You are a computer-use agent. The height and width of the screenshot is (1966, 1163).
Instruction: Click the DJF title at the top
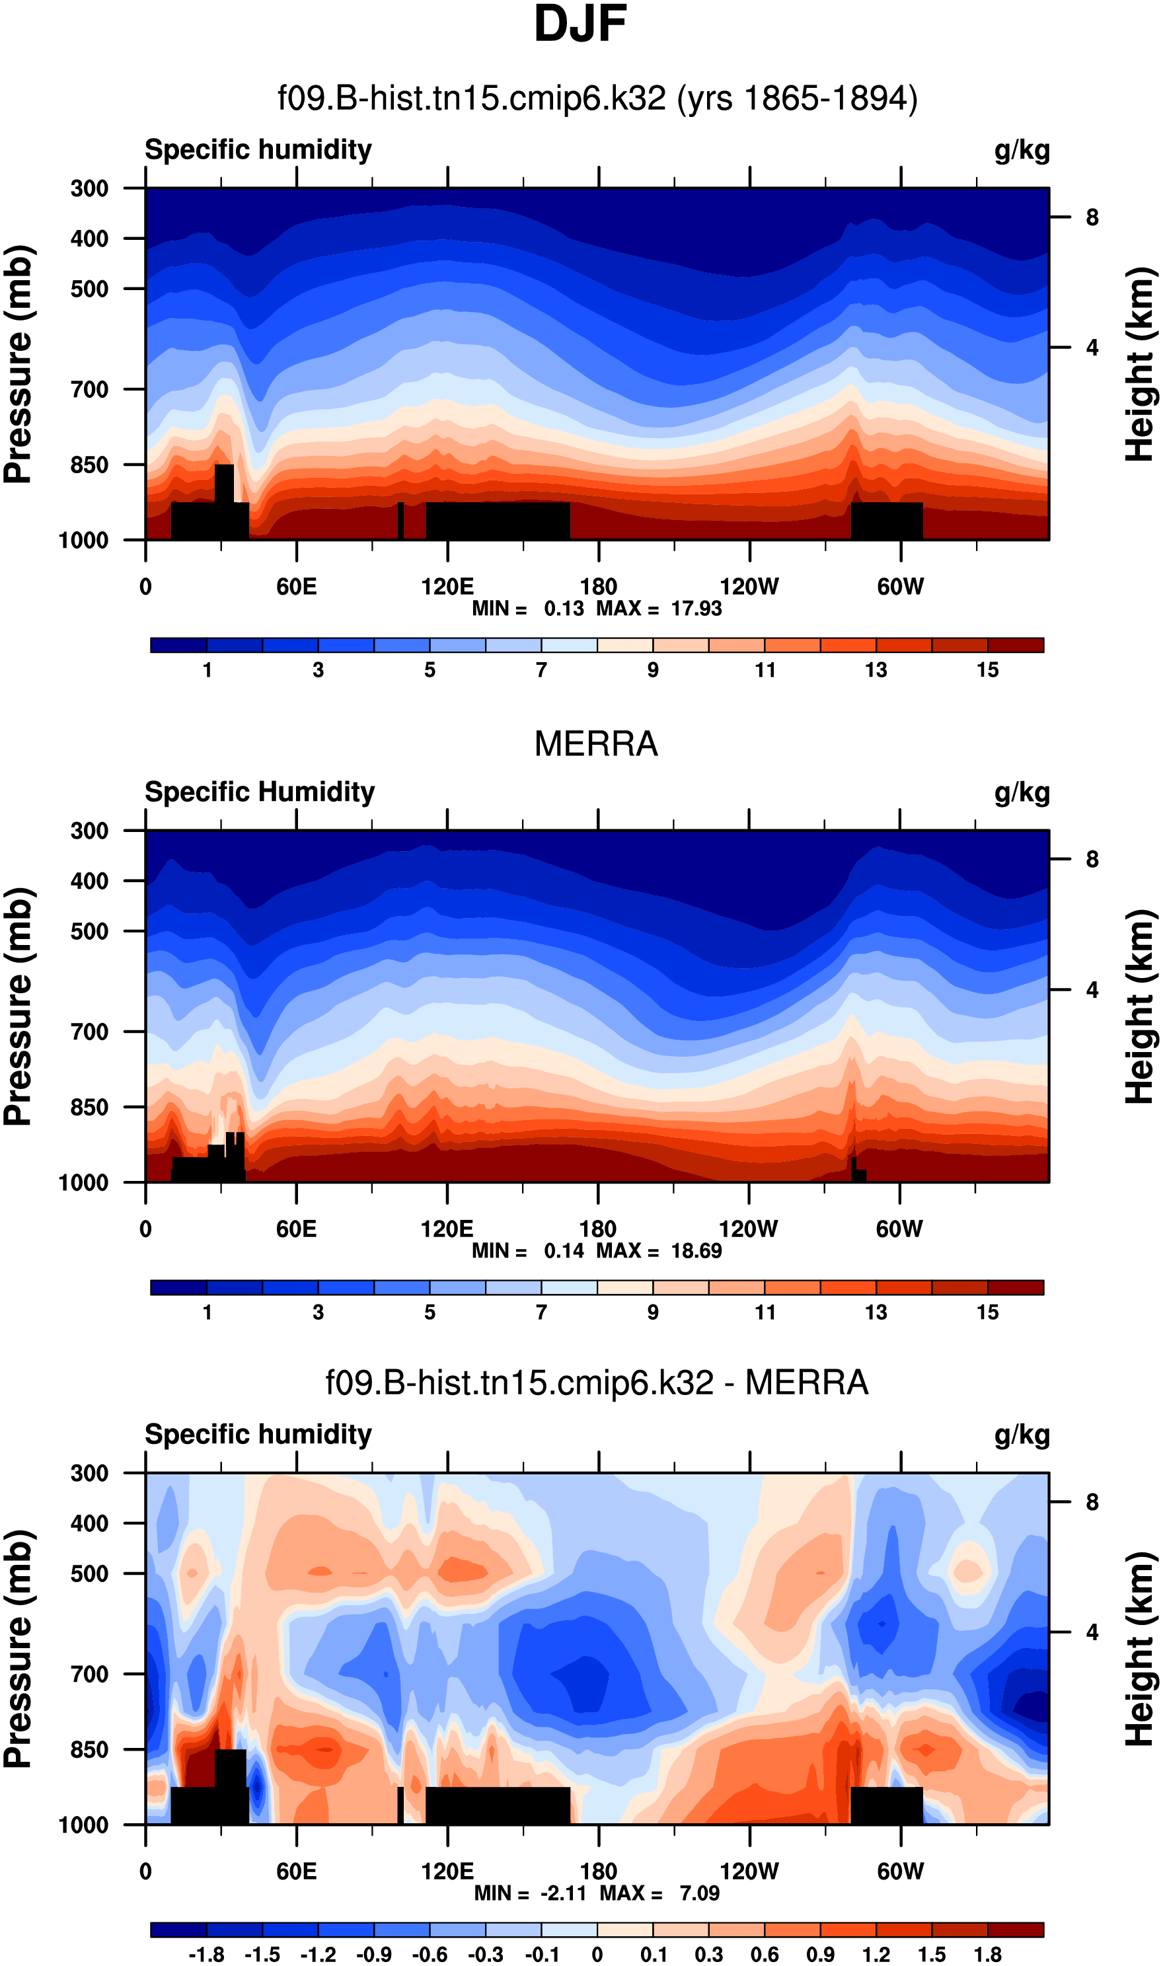point(580,24)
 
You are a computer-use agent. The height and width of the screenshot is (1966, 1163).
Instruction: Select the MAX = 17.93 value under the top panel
point(659,609)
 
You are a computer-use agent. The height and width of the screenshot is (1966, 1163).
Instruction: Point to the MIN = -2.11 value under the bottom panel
point(531,1893)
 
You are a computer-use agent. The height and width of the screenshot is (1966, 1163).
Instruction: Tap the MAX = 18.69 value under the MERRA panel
point(659,1250)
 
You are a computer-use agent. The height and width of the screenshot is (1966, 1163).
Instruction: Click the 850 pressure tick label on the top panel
point(89,465)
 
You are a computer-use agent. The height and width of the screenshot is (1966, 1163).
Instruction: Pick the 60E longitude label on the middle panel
point(296,1229)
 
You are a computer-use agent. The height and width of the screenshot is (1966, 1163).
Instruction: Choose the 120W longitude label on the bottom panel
point(749,1871)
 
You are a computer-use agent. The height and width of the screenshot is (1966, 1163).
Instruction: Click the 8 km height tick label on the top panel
point(1092,218)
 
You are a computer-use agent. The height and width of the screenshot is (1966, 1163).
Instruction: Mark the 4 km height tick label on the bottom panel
point(1092,1632)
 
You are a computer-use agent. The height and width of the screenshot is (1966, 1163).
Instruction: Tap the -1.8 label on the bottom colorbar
point(206,1954)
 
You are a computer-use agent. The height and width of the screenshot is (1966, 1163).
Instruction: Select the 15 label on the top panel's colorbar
point(987,670)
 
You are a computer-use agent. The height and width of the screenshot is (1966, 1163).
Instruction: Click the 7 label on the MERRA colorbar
point(542,1312)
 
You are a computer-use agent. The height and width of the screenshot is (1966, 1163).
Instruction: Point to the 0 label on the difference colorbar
point(597,1954)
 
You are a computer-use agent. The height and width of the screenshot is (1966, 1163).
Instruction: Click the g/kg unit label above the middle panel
point(1022,792)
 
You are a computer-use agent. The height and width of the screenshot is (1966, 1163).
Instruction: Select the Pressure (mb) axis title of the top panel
point(19,364)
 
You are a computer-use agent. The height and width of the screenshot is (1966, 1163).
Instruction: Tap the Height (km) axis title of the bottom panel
point(1141,1649)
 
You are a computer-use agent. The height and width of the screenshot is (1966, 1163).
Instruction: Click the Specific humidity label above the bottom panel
point(258,1434)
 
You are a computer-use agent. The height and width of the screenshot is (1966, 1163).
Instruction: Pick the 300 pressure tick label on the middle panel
point(89,831)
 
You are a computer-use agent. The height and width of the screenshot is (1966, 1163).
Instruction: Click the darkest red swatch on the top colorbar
point(1016,645)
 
